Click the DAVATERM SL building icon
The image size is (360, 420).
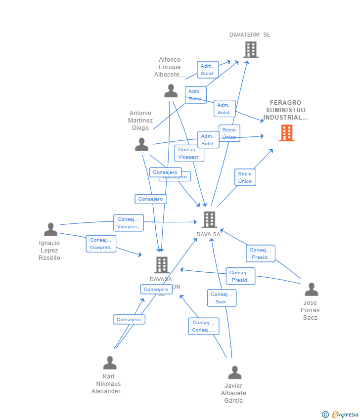(251, 50)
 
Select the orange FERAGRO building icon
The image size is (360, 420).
(286, 133)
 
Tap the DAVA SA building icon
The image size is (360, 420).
(209, 220)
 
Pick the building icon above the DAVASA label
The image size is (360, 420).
(162, 265)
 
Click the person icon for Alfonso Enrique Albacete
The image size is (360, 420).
(171, 91)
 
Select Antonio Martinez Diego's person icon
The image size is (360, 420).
(141, 145)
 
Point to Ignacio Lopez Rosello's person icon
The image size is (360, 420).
(50, 230)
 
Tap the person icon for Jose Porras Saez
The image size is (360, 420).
(311, 290)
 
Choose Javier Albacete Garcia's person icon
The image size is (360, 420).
(234, 373)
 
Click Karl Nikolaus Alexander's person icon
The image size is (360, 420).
(110, 363)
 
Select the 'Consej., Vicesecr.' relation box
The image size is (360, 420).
(189, 153)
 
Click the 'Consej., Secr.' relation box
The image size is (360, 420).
(222, 298)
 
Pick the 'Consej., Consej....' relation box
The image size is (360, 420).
(203, 326)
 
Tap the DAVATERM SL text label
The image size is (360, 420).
(250, 35)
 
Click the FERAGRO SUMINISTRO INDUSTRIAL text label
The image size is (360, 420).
(285, 110)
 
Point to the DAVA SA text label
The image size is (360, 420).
(208, 234)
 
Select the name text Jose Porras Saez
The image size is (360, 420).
(310, 310)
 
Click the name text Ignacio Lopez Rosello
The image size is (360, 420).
(49, 251)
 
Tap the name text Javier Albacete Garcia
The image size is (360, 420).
(233, 393)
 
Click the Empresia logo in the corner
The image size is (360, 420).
(341, 415)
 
